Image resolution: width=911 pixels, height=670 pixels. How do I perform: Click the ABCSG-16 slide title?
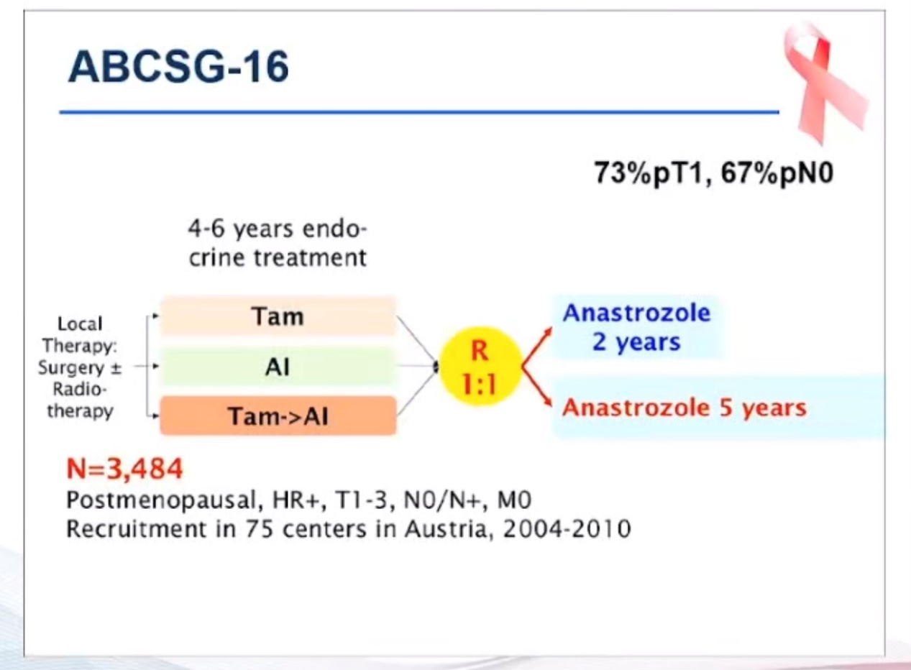[x=178, y=67]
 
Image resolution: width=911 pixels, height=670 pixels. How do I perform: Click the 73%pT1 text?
[x=649, y=173]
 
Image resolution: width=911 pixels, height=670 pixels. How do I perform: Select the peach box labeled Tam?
[x=278, y=316]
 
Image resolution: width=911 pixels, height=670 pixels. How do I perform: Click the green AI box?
[x=278, y=367]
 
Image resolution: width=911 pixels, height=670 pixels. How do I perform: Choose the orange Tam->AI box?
[x=278, y=416]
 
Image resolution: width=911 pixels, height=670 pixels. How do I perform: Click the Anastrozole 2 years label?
[x=636, y=327]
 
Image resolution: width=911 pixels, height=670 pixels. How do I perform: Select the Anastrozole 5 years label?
[x=684, y=408]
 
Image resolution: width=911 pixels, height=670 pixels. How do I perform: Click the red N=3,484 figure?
[x=125, y=468]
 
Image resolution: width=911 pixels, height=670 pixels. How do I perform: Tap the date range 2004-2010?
[x=567, y=529]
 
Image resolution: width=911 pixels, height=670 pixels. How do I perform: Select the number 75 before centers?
[x=259, y=529]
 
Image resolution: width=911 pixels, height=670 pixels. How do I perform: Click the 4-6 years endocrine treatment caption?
[x=278, y=243]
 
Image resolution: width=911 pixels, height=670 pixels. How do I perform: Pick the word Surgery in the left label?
[x=71, y=368]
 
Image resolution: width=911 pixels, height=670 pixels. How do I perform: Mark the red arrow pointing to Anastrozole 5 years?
[x=537, y=386]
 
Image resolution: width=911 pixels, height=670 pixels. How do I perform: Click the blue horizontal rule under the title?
[x=419, y=112]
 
